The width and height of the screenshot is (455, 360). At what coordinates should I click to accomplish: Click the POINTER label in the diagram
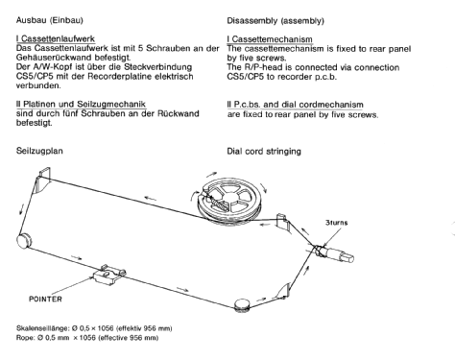coord(45,299)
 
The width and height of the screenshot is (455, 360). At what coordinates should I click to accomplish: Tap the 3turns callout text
coord(336,223)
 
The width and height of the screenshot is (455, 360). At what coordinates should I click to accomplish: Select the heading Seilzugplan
coord(39,151)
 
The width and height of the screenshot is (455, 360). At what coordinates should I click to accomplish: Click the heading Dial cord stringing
coord(264,151)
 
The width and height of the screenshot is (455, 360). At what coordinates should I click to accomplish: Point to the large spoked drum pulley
coord(229,201)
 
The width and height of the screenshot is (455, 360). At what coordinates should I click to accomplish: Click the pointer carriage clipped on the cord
coord(109,275)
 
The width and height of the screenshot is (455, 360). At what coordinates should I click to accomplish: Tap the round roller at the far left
coord(24,241)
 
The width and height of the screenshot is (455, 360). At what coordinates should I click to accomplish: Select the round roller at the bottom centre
coord(242,304)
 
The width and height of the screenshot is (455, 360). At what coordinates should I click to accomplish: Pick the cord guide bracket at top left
coord(43,180)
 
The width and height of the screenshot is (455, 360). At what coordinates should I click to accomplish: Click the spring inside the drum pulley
coord(218,204)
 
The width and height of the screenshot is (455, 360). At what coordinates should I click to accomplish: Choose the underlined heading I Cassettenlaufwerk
coord(56,39)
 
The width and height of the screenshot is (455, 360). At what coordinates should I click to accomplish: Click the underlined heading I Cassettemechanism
coord(270,39)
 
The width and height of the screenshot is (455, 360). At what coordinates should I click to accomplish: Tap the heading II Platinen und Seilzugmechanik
coord(81,104)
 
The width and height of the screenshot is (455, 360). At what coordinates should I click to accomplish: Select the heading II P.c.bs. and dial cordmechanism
coord(295,105)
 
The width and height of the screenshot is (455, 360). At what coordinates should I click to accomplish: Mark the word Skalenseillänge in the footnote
coord(42,328)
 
